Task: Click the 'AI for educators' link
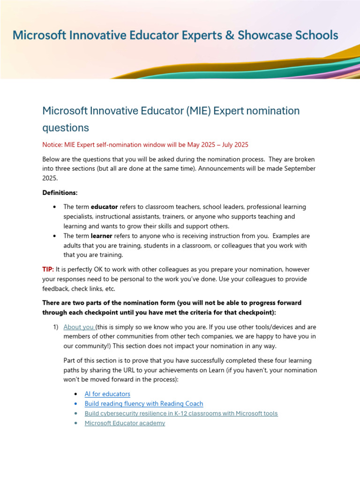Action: tap(107, 394)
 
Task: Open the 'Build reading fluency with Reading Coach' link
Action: tap(144, 404)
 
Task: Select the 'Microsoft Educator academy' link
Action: tap(125, 423)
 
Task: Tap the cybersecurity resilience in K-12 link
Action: tap(181, 413)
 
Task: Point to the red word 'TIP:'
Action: tap(48, 270)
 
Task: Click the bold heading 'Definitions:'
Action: tap(60, 193)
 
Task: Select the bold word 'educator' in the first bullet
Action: tap(104, 207)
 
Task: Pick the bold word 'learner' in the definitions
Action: tap(101, 236)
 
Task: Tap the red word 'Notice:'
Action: tap(53, 144)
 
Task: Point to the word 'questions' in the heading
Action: tap(66, 127)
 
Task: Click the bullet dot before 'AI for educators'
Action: tap(76, 394)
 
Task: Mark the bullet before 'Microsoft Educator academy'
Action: tap(76, 423)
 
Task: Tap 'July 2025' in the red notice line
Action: tap(234, 144)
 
